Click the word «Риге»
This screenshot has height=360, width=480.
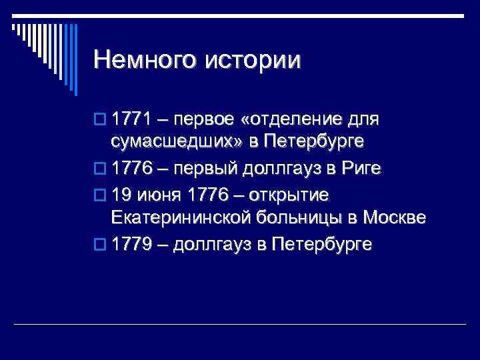361,169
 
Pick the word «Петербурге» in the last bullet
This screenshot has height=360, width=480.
323,245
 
